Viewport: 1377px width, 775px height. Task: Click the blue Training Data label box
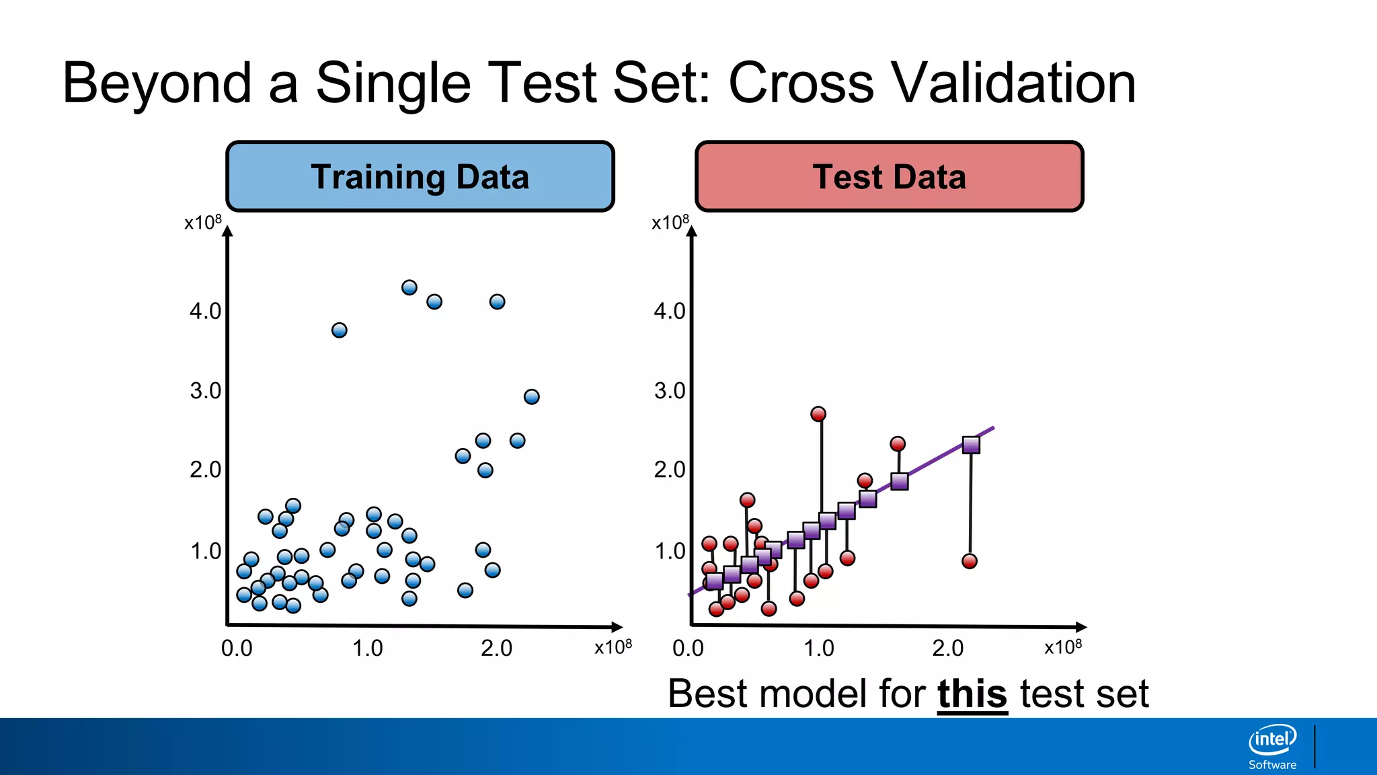[x=420, y=177]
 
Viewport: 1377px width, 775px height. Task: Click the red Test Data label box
[x=889, y=177]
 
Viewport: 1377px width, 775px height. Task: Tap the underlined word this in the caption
[x=972, y=694]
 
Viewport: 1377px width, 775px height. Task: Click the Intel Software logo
[x=1272, y=746]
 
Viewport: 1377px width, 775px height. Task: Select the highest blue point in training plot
[x=409, y=288]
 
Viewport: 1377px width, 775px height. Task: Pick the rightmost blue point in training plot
[x=531, y=397]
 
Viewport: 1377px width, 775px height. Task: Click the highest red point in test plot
[x=818, y=414]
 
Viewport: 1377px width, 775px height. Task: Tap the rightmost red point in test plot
[x=969, y=561]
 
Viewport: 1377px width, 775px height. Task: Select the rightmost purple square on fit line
[x=971, y=445]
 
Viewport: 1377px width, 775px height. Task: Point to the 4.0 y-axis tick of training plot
[x=205, y=311]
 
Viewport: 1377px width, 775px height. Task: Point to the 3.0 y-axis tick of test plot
[x=670, y=391]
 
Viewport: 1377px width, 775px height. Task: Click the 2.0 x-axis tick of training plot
[x=496, y=649]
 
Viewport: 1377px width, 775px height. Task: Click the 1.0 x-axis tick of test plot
[x=818, y=649]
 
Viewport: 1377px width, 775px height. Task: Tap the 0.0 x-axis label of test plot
[x=688, y=649]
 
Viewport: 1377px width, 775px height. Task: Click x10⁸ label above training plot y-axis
[x=202, y=223]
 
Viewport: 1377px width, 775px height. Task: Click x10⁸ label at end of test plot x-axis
[x=1062, y=647]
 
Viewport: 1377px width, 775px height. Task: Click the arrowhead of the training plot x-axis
[x=617, y=627]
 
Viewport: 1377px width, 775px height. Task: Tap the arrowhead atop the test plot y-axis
[x=692, y=232]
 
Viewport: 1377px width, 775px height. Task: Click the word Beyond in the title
[x=157, y=83]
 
